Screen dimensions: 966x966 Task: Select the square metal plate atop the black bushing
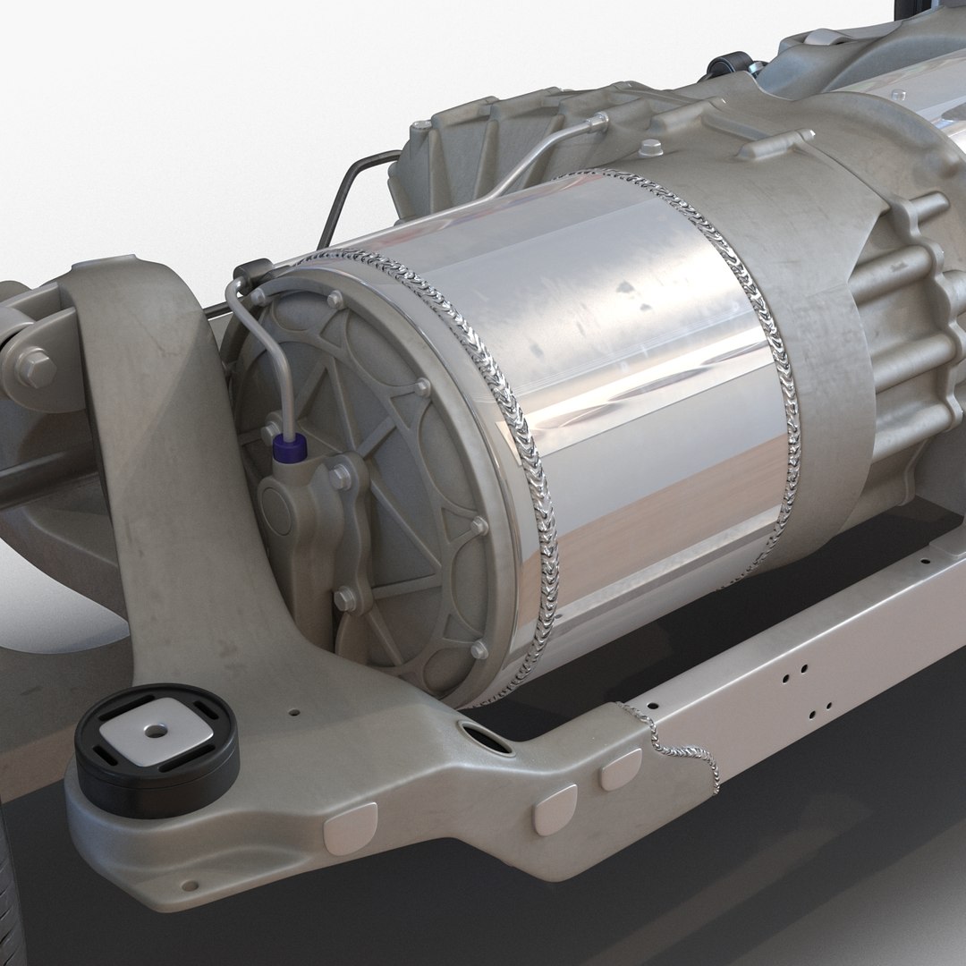[x=157, y=732]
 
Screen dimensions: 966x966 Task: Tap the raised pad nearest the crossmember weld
[x=620, y=768]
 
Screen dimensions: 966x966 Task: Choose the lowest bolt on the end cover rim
[x=479, y=649]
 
